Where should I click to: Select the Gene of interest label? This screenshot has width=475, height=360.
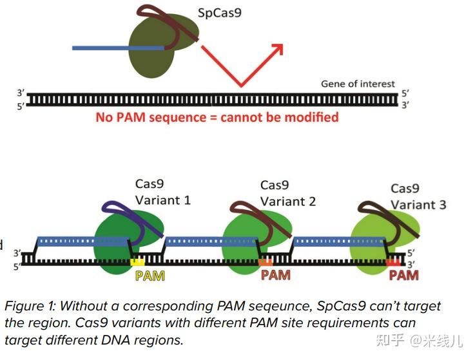pos(358,84)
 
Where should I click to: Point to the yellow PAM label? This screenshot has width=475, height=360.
pos(150,276)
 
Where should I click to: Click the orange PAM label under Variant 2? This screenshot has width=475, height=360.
pos(275,275)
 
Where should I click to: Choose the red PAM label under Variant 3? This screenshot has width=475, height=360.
pos(403,275)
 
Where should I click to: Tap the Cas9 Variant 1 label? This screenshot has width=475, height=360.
pos(162,193)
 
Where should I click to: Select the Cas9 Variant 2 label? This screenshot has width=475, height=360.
pos(287,193)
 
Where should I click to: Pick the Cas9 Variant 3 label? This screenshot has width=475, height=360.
pos(418,196)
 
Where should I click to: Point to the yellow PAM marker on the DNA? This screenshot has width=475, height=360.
pos(137,262)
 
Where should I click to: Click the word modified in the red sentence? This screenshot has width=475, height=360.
pos(311,117)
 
